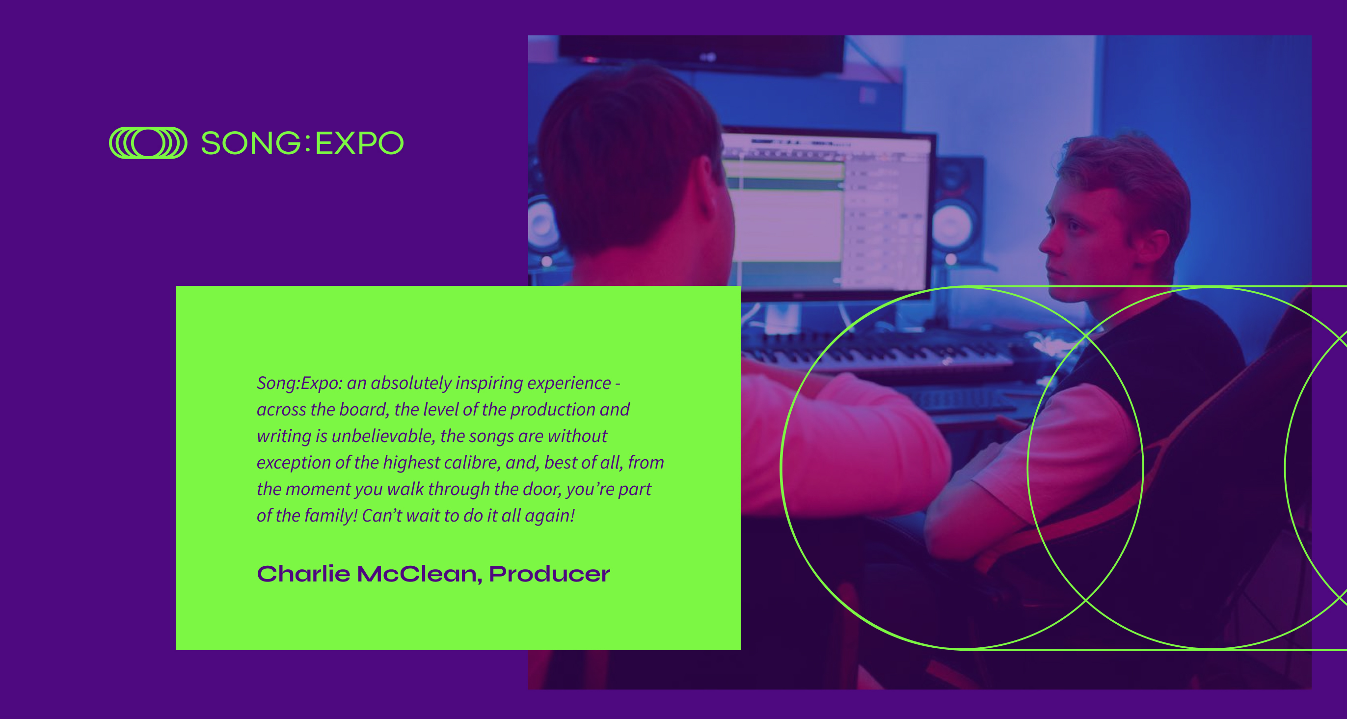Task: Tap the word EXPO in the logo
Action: tap(359, 143)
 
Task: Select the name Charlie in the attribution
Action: tap(303, 574)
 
